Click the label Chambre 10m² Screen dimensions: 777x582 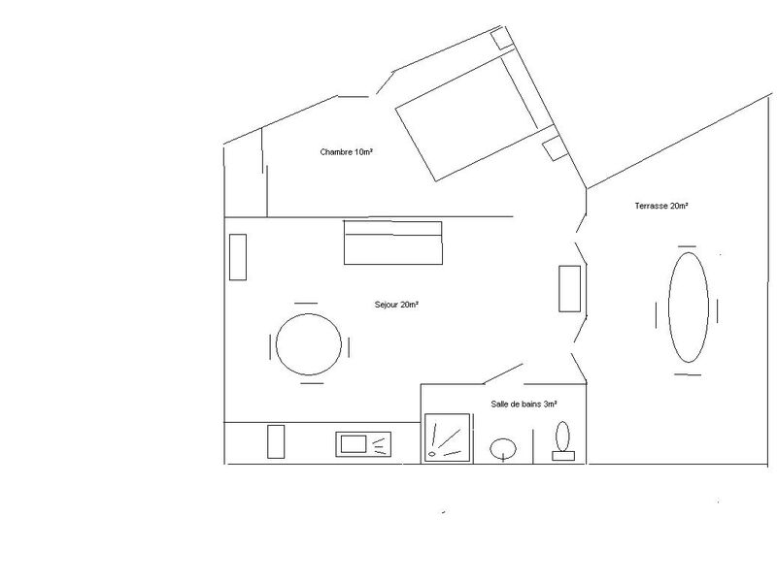(x=346, y=152)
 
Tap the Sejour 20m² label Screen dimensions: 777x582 (x=396, y=305)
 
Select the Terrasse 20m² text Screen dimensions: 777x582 (x=661, y=206)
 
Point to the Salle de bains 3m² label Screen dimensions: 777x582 (x=524, y=404)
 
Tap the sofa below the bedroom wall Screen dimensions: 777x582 (x=393, y=243)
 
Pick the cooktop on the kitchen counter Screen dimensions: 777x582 (x=363, y=444)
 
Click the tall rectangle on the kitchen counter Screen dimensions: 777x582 (x=276, y=441)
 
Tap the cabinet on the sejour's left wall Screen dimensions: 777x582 (x=238, y=257)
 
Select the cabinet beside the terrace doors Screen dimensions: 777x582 (x=570, y=288)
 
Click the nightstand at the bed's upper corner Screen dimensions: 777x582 (x=501, y=39)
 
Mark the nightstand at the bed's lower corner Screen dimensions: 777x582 (x=555, y=149)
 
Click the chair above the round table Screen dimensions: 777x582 (x=306, y=303)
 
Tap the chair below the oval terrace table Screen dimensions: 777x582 (x=688, y=374)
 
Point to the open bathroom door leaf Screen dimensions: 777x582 (x=502, y=373)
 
